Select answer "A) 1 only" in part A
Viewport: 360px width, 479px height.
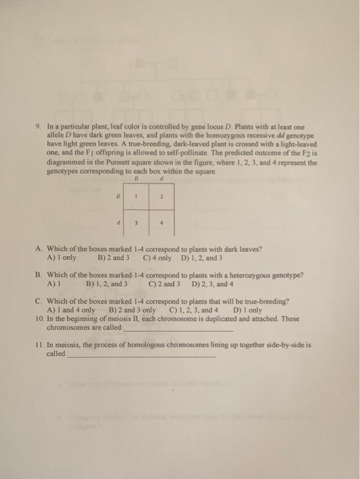coord(62,259)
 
